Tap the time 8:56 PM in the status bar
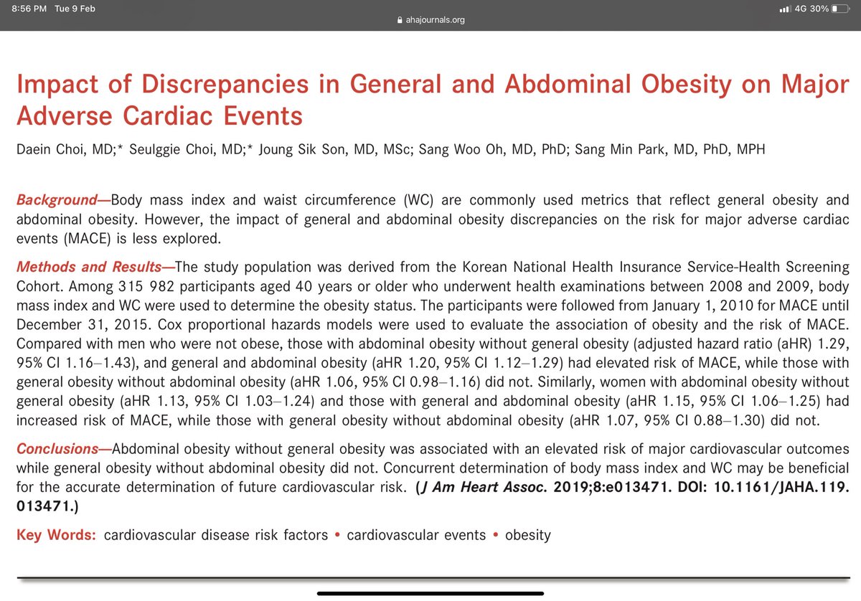[x=29, y=9]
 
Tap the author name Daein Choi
[x=46, y=149]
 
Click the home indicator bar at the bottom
[x=430, y=592]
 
